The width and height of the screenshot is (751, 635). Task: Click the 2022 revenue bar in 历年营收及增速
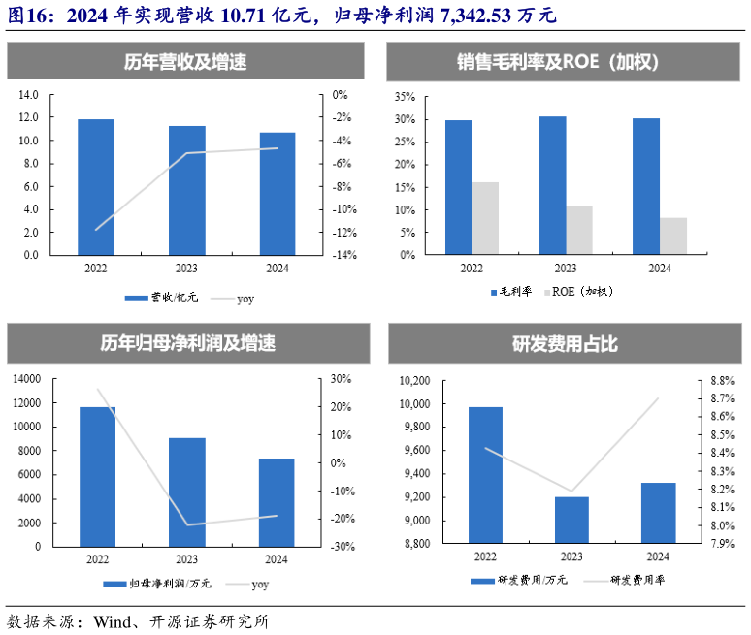coord(96,187)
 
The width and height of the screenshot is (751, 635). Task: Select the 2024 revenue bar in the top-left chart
coord(278,193)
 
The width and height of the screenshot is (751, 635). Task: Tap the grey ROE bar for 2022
coord(485,218)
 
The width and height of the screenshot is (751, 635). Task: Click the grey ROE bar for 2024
coord(673,236)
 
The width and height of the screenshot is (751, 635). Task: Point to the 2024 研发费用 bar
coord(658,513)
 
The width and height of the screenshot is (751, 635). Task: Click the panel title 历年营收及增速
coord(185,63)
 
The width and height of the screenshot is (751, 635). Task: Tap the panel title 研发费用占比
coord(565,344)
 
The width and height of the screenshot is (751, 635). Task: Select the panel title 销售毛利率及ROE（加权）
coord(565,63)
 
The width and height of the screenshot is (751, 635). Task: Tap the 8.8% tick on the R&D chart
coord(721,381)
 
